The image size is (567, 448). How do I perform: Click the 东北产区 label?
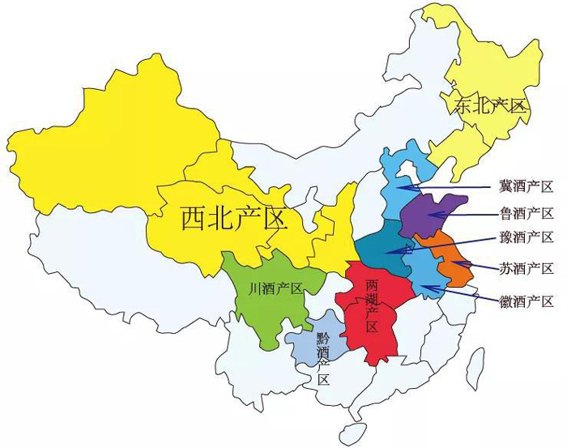tap(489, 105)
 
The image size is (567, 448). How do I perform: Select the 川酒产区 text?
tap(275, 288)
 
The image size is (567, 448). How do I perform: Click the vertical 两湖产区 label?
tap(372, 306)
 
